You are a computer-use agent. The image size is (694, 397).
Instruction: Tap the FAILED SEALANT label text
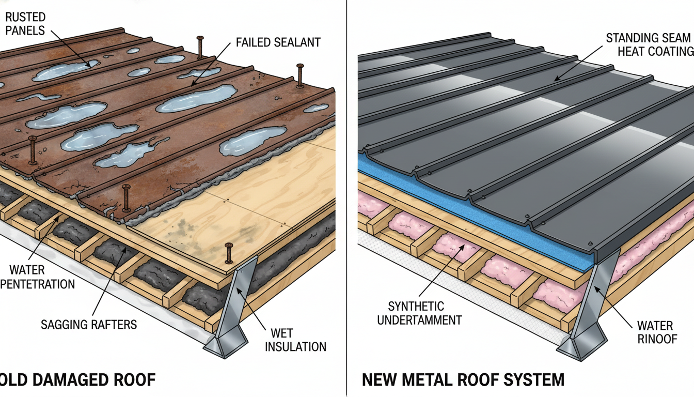point(277,42)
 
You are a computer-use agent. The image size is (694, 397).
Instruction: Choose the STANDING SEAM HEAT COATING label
point(649,44)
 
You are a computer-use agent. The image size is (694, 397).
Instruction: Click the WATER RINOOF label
point(655,332)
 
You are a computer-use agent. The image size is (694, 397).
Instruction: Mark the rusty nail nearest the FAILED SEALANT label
point(200,46)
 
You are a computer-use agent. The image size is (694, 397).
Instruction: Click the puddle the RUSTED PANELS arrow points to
point(62,71)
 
